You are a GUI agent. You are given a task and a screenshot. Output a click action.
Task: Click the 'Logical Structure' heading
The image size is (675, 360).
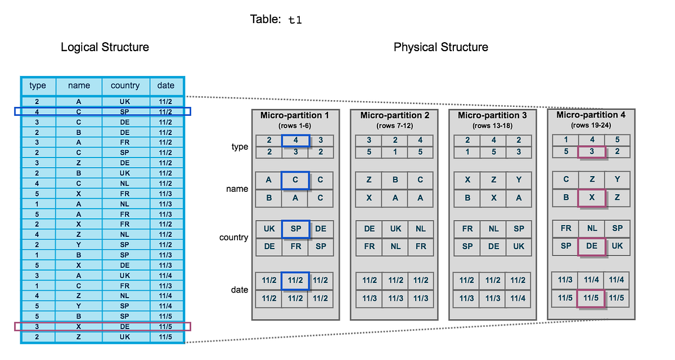tap(105, 47)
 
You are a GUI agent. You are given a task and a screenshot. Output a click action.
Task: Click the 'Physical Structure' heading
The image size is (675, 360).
tap(440, 47)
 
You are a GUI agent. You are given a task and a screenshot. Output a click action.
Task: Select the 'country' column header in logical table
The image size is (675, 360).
tap(125, 85)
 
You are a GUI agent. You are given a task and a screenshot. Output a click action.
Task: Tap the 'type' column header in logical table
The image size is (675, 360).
tap(38, 85)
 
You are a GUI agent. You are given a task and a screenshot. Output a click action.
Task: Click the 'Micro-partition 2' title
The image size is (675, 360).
tap(394, 115)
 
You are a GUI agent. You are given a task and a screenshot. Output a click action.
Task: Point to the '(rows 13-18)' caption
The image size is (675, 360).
tap(493, 125)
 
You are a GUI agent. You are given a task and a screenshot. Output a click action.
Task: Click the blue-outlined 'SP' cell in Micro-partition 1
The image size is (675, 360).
tap(295, 229)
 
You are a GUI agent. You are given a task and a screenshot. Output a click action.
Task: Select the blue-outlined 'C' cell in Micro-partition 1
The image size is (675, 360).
tap(295, 180)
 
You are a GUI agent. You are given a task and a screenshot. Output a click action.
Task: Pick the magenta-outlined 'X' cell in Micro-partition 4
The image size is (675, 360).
tap(591, 197)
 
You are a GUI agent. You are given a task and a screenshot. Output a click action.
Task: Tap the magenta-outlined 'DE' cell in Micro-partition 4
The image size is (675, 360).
tap(591, 246)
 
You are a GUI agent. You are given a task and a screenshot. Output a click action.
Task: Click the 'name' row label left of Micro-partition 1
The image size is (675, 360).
tap(237, 189)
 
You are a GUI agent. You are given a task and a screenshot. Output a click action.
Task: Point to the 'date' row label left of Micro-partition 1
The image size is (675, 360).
tap(239, 290)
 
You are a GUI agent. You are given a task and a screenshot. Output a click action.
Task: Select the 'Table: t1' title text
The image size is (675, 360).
tap(276, 20)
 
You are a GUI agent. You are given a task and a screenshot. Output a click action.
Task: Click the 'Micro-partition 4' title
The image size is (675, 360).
tap(591, 115)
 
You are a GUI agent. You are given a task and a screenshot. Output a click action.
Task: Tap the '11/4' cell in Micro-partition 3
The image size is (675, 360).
tap(518, 298)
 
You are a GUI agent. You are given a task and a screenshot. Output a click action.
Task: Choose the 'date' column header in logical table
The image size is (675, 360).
tap(166, 85)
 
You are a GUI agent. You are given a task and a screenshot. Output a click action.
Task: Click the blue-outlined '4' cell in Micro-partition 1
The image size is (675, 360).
tap(295, 140)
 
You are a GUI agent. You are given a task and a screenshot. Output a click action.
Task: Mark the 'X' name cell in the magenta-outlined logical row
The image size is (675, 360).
tap(79, 327)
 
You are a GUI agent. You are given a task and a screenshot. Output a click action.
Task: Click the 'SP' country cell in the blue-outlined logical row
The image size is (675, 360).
tap(125, 111)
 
